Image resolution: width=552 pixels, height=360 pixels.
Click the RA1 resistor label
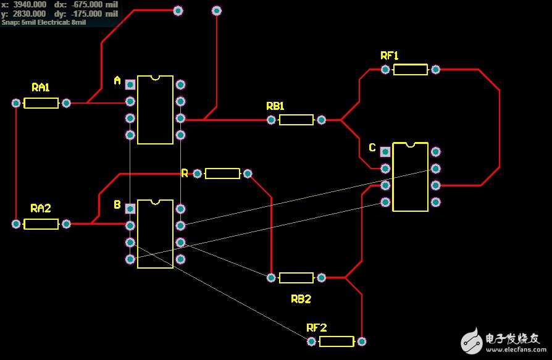[41, 88]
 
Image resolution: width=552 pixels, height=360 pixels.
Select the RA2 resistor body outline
[41, 224]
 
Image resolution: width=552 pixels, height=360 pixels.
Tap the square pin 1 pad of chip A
[130, 85]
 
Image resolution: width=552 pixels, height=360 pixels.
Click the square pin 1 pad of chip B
[130, 209]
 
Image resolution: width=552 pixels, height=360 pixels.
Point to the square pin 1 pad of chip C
[385, 151]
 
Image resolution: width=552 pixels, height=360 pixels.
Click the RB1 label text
[275, 106]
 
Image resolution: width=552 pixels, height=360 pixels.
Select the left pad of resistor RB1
[271, 120]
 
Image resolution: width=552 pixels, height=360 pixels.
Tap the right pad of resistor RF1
[436, 70]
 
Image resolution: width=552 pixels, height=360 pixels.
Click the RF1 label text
[389, 56]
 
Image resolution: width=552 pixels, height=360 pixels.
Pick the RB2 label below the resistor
[301, 299]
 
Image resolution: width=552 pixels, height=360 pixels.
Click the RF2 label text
[316, 328]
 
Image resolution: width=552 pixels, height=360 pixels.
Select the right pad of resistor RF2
[362, 341]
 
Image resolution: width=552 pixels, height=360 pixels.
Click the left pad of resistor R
[198, 174]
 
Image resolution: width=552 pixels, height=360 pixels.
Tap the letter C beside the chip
[372, 148]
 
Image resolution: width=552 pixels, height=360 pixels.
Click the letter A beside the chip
[117, 81]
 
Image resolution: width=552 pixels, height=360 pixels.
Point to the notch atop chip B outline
[155, 201]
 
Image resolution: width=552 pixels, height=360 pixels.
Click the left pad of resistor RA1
[17, 103]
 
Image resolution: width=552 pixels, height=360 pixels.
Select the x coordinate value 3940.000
[30, 4]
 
